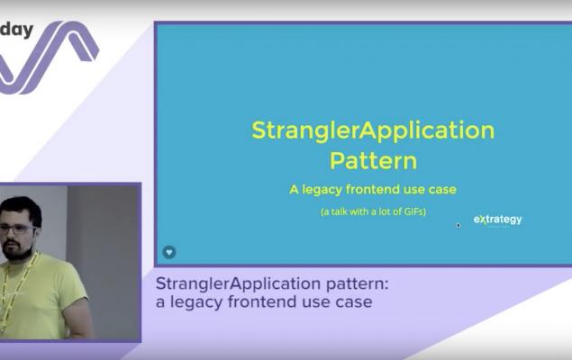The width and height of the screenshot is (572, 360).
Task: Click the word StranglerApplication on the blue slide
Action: (373, 131)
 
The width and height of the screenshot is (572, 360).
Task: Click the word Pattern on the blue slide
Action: (373, 160)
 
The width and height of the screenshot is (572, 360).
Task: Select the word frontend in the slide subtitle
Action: (372, 189)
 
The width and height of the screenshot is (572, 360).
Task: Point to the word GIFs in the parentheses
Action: (413, 211)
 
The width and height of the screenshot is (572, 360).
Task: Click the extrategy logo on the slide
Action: (497, 220)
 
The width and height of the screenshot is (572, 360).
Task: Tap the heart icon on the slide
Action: (169, 252)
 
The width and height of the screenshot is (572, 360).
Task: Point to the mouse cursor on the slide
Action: (459, 226)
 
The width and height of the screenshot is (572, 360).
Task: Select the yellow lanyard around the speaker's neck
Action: (14, 288)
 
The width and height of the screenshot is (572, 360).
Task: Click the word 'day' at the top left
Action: (16, 30)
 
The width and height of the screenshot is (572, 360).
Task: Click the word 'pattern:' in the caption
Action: (357, 284)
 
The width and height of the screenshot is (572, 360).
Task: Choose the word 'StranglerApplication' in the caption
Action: (239, 283)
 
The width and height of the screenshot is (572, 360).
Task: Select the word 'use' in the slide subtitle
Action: (414, 190)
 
